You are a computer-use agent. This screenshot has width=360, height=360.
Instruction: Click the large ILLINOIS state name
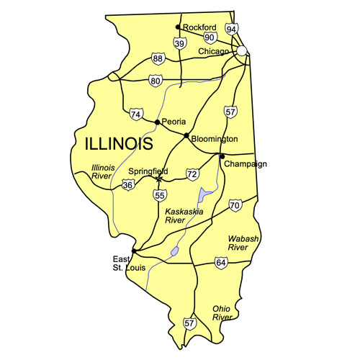(x=119, y=143)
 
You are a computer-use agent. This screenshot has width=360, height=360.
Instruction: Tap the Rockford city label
(x=199, y=27)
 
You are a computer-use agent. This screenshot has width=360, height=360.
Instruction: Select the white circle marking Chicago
(x=243, y=51)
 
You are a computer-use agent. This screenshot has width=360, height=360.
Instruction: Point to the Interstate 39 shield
(x=180, y=44)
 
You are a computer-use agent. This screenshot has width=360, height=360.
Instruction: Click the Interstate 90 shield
(x=210, y=37)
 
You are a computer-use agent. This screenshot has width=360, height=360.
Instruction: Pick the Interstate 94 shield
(x=231, y=29)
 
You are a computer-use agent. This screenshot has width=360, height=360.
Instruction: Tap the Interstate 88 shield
(x=158, y=58)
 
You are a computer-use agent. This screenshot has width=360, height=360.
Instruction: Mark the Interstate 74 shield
(x=136, y=114)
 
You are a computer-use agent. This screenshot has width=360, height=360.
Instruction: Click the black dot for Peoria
(x=157, y=122)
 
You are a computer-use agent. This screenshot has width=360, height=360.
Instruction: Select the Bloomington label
(x=214, y=138)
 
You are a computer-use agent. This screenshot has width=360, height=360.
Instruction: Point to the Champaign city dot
(x=222, y=156)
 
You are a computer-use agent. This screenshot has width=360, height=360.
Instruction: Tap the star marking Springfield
(x=158, y=178)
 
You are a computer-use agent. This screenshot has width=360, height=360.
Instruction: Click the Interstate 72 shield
(x=192, y=174)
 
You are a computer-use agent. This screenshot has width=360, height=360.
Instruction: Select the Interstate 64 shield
(x=220, y=264)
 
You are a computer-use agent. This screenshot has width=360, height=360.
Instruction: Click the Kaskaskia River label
(x=184, y=216)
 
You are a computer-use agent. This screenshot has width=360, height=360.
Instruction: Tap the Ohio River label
(x=222, y=312)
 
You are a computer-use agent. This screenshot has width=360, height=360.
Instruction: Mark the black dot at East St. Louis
(x=135, y=251)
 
